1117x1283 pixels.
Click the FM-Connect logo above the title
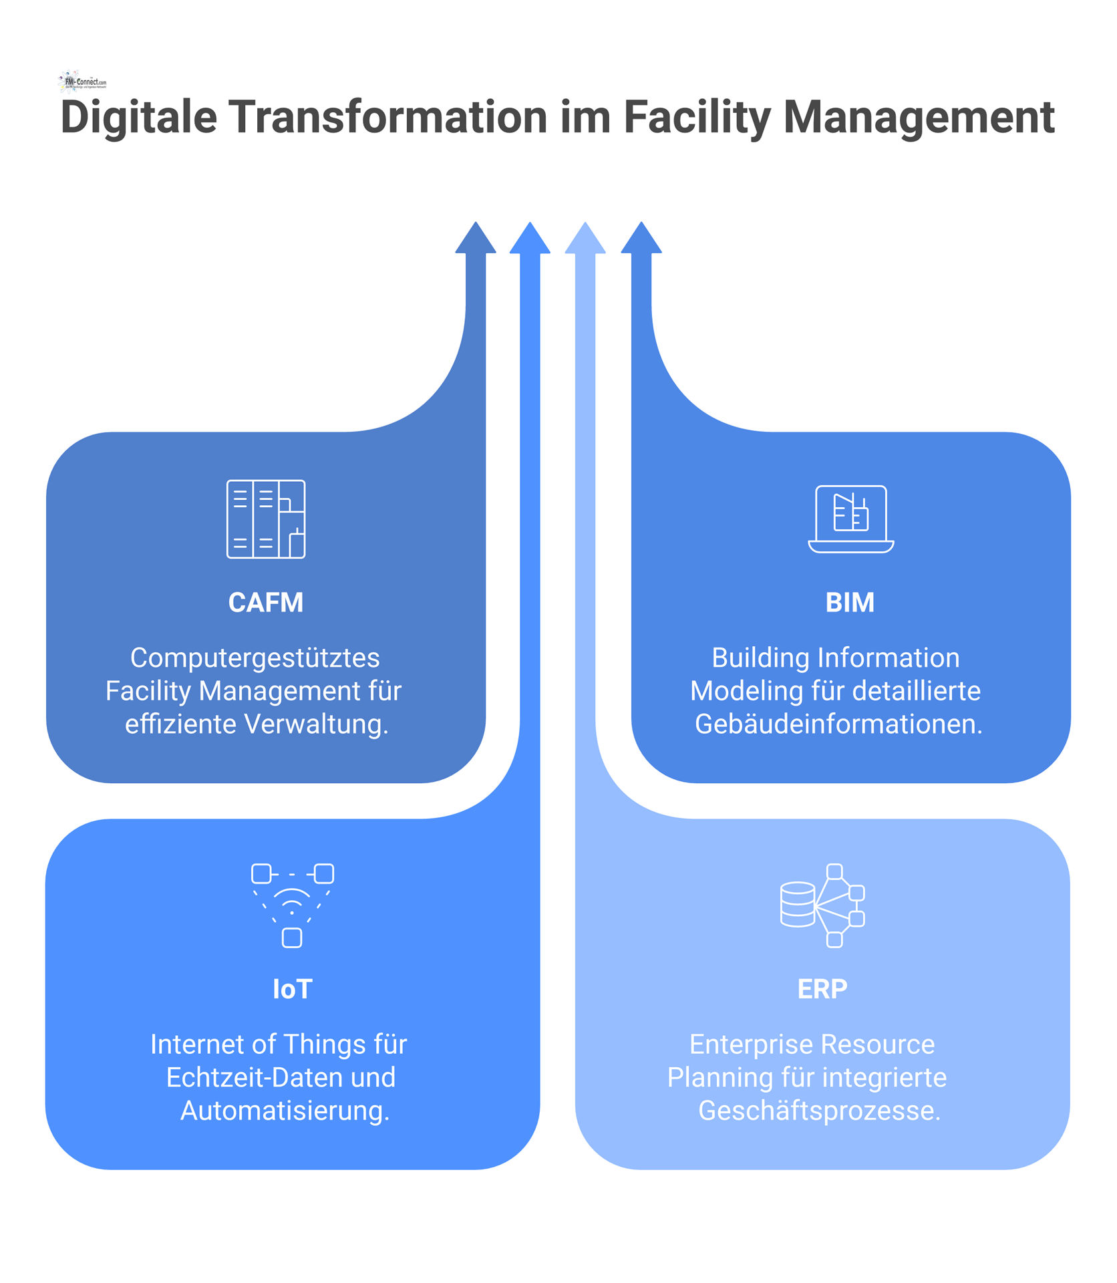[x=82, y=81]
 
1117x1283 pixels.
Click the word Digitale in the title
[x=139, y=118]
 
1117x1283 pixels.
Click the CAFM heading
[x=266, y=603]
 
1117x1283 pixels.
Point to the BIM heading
[x=850, y=603]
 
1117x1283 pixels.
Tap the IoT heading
[x=292, y=989]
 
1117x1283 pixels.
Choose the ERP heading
[x=822, y=989]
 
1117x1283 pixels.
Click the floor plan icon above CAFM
[x=266, y=519]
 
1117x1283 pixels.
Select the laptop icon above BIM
[x=851, y=519]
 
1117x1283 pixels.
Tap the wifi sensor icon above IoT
[x=293, y=905]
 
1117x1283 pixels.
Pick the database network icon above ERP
[x=822, y=905]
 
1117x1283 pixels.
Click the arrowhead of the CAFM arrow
[x=476, y=238]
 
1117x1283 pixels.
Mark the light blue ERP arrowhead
[x=585, y=238]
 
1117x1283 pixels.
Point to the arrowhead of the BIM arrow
[x=641, y=238]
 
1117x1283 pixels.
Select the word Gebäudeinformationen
[x=838, y=724]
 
